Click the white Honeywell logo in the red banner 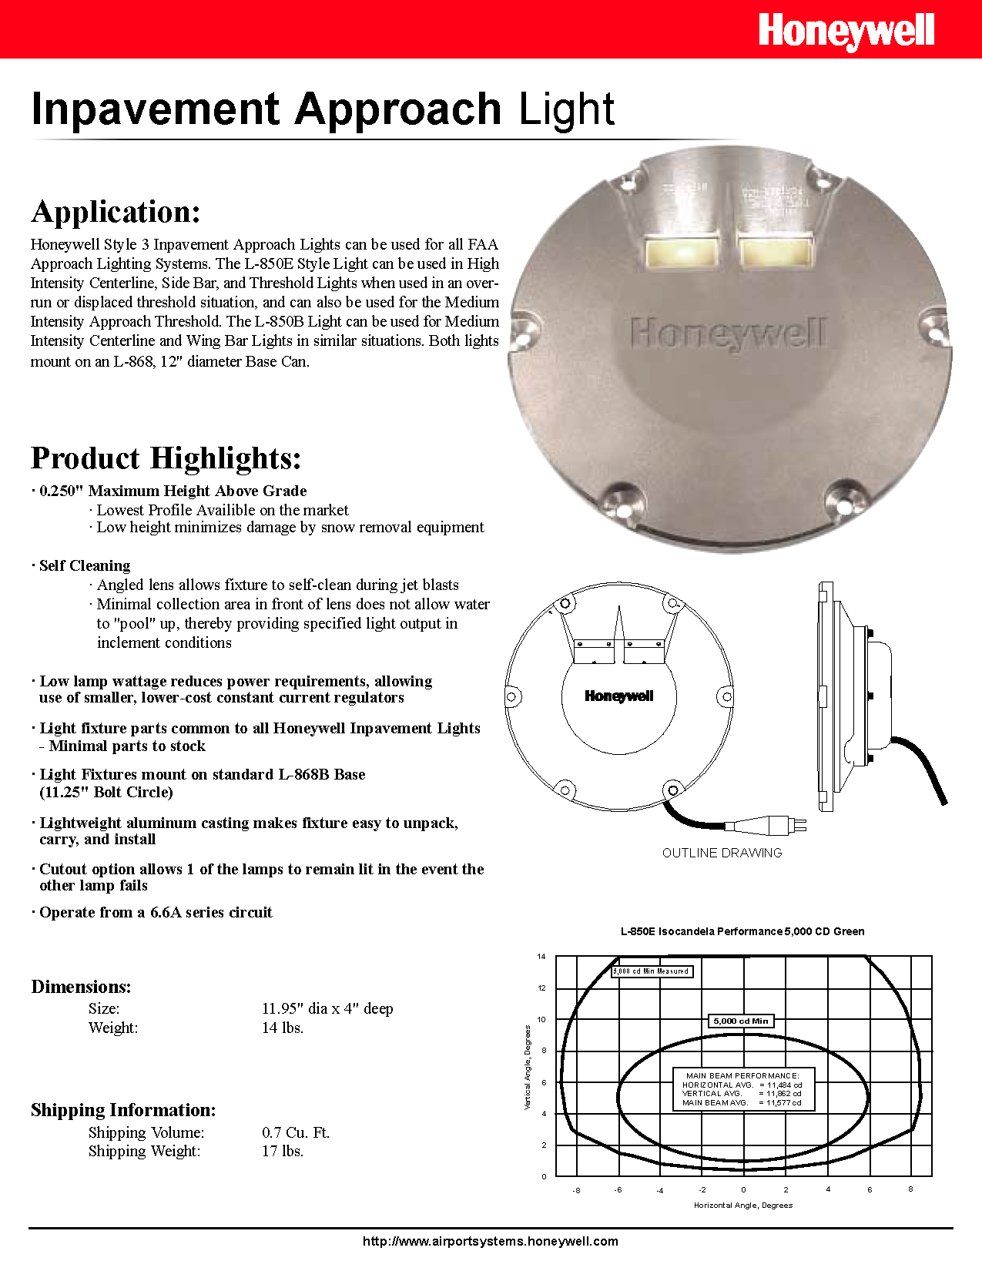tap(846, 32)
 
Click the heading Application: tap(116, 212)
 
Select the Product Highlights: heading tap(166, 458)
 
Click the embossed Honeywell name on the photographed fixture tap(727, 334)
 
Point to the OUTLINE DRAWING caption tap(722, 853)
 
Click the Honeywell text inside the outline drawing tap(618, 696)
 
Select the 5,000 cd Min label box tap(740, 1021)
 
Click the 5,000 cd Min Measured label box tap(652, 971)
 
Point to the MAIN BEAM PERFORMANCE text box tap(742, 1089)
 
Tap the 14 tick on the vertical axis tap(541, 957)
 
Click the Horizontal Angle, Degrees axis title tap(742, 1206)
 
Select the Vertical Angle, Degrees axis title tap(528, 1067)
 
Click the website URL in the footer tap(491, 1241)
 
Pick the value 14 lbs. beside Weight tap(283, 1028)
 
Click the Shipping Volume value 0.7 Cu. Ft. tap(296, 1132)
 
